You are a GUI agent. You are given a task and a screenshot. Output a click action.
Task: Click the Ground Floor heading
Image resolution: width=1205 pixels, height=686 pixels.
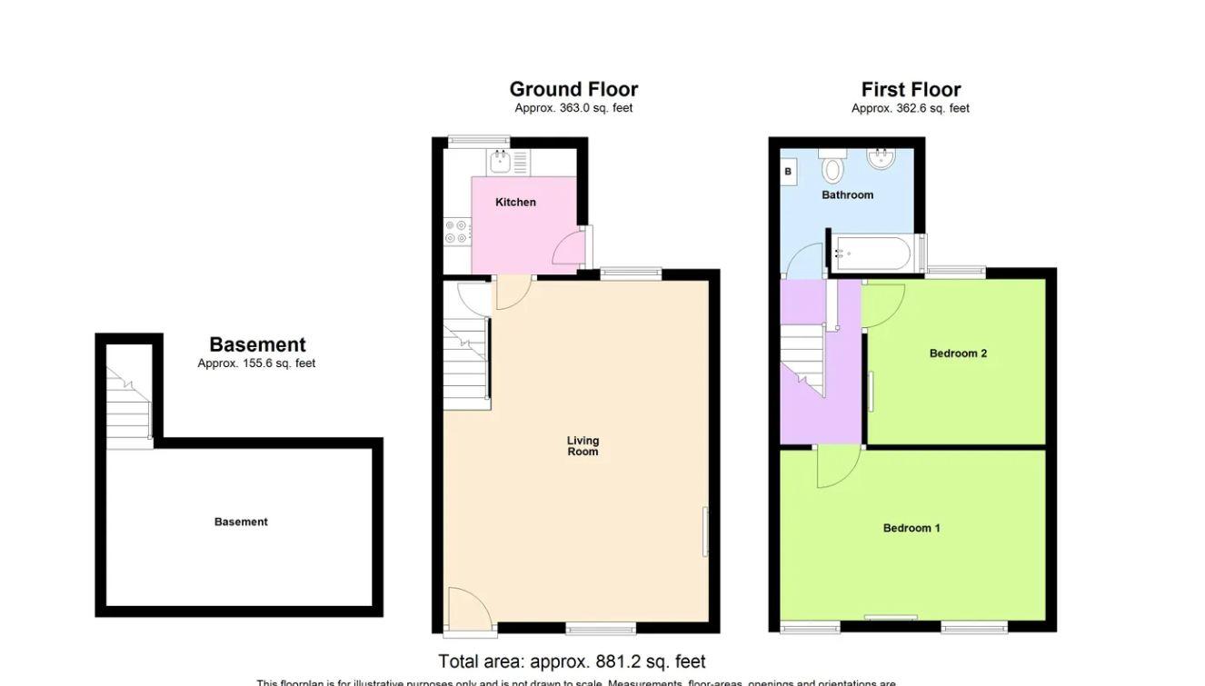coord(573,89)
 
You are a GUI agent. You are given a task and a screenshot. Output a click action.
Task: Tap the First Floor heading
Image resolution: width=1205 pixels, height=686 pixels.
coord(911,89)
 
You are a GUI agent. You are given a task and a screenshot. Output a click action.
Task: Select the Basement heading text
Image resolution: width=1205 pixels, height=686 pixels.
coord(257,344)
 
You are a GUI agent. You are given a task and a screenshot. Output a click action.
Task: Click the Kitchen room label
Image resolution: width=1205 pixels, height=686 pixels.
coord(515,202)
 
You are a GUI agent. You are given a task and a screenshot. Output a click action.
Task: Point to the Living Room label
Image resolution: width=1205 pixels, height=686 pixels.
coord(583,446)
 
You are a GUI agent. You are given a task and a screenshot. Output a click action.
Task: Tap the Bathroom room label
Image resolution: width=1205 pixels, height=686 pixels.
coord(847,194)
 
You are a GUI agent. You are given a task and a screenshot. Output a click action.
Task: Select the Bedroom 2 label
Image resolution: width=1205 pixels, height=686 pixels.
coord(958,353)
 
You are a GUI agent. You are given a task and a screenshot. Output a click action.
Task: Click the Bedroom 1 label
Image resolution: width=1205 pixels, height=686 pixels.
coord(911,528)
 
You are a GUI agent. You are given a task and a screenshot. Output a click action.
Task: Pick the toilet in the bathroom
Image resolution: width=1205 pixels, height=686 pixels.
coord(832,167)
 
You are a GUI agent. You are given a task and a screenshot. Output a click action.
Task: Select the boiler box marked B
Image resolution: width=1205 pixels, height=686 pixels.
coord(788,171)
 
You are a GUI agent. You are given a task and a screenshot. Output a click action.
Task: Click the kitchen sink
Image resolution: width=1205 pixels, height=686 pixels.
coord(499,163)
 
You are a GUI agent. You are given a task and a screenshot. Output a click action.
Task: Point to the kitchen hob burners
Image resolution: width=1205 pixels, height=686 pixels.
coord(456,232)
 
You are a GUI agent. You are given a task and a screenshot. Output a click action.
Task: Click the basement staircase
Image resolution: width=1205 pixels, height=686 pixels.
coord(128,409)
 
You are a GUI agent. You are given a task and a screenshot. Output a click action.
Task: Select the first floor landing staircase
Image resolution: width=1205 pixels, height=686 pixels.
coord(802,359)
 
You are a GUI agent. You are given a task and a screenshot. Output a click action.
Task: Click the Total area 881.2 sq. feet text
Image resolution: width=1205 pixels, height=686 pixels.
coord(572,661)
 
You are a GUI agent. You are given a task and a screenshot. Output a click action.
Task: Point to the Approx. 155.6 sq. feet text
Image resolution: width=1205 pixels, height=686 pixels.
coord(256,363)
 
